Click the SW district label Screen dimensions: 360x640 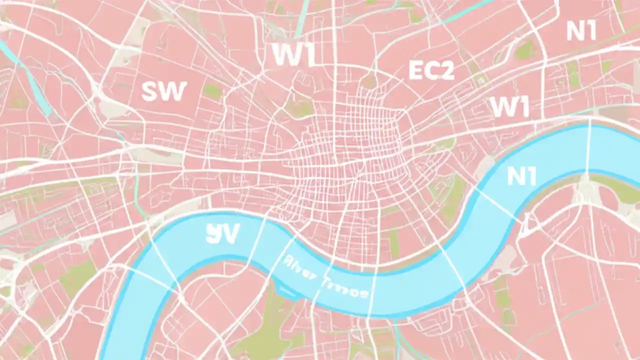tap(164, 91)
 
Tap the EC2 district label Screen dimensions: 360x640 tap(431, 70)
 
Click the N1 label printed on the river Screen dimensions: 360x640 tap(521, 176)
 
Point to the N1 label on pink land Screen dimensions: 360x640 tap(581, 31)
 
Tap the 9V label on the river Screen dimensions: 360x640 tap(222, 233)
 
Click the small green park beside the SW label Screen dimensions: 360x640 tap(212, 91)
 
